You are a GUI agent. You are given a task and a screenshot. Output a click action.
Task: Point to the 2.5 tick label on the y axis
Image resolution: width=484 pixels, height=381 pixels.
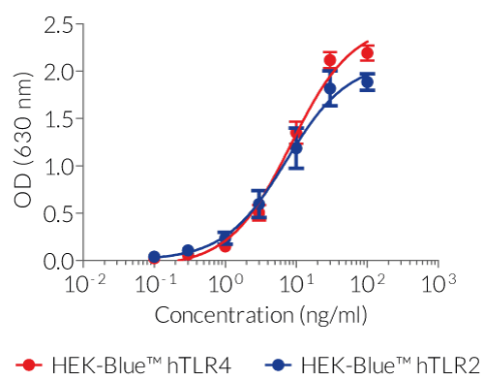(59, 24)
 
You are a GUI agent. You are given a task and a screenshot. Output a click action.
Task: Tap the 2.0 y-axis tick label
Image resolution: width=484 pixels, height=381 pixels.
(59, 72)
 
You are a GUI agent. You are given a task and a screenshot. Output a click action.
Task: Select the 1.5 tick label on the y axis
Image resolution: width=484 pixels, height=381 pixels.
(59, 119)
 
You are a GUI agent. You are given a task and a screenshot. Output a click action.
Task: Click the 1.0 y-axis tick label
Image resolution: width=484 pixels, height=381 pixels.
(59, 166)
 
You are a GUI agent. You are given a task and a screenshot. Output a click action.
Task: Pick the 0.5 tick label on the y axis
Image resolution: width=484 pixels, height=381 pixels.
(59, 213)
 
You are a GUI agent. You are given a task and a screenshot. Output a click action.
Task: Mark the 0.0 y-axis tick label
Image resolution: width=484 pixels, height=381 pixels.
(59, 261)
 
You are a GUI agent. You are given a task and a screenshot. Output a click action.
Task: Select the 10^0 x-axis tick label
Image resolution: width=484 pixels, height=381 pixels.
(225, 284)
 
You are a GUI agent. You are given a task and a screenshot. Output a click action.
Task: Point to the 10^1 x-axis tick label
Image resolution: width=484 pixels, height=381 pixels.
(296, 284)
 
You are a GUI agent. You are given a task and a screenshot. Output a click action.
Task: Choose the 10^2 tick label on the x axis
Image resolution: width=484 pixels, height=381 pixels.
(368, 284)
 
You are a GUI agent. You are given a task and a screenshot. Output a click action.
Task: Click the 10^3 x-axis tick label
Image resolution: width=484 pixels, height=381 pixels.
(439, 284)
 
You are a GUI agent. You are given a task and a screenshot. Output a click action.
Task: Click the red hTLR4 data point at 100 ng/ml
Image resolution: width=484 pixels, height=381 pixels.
(367, 53)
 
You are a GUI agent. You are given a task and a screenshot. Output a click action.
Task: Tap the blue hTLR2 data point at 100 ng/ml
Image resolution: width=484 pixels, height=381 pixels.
(367, 82)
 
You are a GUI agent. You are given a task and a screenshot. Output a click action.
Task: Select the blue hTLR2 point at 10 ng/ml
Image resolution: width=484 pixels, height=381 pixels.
(296, 148)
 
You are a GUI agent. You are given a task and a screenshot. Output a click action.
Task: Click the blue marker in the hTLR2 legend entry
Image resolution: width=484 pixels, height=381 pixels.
(279, 365)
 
